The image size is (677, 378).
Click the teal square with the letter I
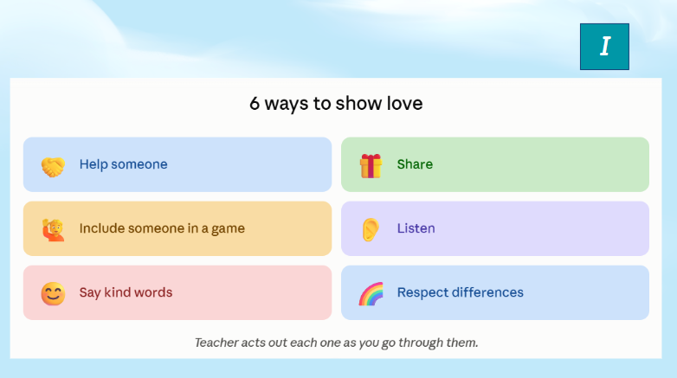click(604, 47)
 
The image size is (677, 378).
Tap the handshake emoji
click(53, 167)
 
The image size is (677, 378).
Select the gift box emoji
click(371, 166)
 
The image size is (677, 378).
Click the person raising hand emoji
click(53, 230)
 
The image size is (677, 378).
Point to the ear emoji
click(371, 229)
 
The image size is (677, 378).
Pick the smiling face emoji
click(53, 294)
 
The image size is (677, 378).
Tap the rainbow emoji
click(371, 294)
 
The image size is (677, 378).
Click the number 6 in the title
click(255, 104)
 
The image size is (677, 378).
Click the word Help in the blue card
click(93, 164)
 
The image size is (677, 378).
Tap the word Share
click(415, 164)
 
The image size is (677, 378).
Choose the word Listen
click(416, 228)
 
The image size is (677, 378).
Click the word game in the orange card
click(228, 229)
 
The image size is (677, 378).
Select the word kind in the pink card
click(117, 292)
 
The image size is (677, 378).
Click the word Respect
click(422, 293)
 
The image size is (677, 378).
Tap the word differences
click(488, 292)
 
